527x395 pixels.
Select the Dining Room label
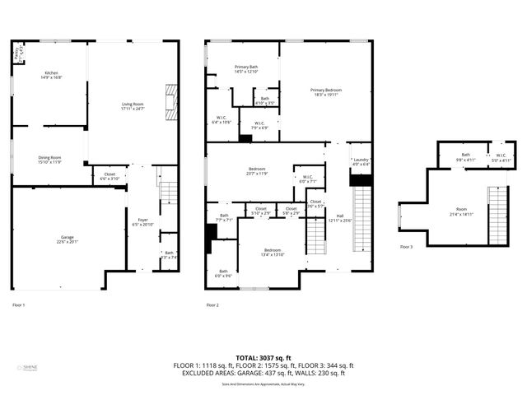click(x=49, y=159)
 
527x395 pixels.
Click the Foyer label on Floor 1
click(x=142, y=222)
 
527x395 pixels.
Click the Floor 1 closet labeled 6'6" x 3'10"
click(x=110, y=177)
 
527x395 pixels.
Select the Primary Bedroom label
click(x=326, y=91)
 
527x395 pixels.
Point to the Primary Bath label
click(x=246, y=69)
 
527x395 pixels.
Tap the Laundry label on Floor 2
click(x=360, y=162)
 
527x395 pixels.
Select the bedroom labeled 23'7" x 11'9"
click(x=257, y=171)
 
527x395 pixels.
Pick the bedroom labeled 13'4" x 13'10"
click(x=273, y=252)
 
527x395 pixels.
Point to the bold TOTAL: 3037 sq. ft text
click(x=263, y=358)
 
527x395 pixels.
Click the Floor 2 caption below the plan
click(x=212, y=305)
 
